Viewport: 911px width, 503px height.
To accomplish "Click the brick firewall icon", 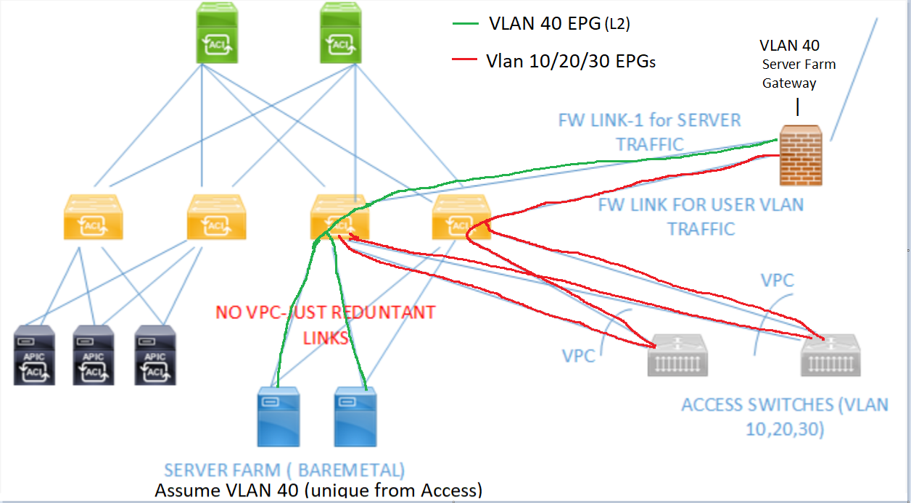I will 801,156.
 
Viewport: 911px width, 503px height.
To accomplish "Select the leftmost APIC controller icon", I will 34,354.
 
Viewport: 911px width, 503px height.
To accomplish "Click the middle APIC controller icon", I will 94,354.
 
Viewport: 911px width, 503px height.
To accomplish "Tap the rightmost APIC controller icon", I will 154,354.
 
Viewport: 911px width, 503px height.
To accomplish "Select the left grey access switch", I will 677,355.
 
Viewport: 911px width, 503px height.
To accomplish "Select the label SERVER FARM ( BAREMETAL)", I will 284,470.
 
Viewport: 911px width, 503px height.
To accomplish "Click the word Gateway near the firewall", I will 789,83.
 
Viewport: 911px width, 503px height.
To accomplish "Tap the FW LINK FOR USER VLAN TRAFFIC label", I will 701,216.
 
